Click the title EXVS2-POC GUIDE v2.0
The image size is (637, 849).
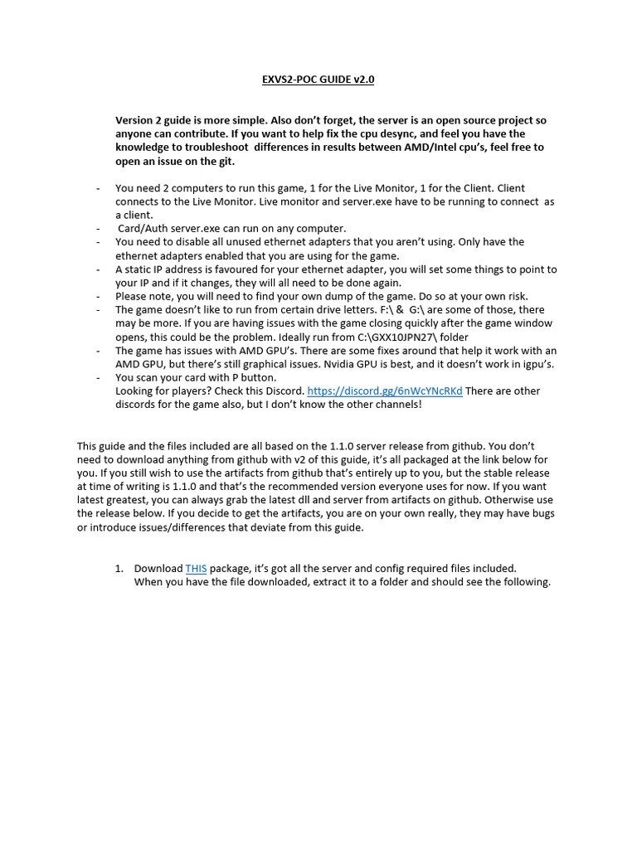(318, 80)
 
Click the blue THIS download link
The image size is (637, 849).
(196, 568)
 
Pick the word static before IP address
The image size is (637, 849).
(137, 269)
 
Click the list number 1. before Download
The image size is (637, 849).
(119, 568)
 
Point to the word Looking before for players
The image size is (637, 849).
(135, 391)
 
